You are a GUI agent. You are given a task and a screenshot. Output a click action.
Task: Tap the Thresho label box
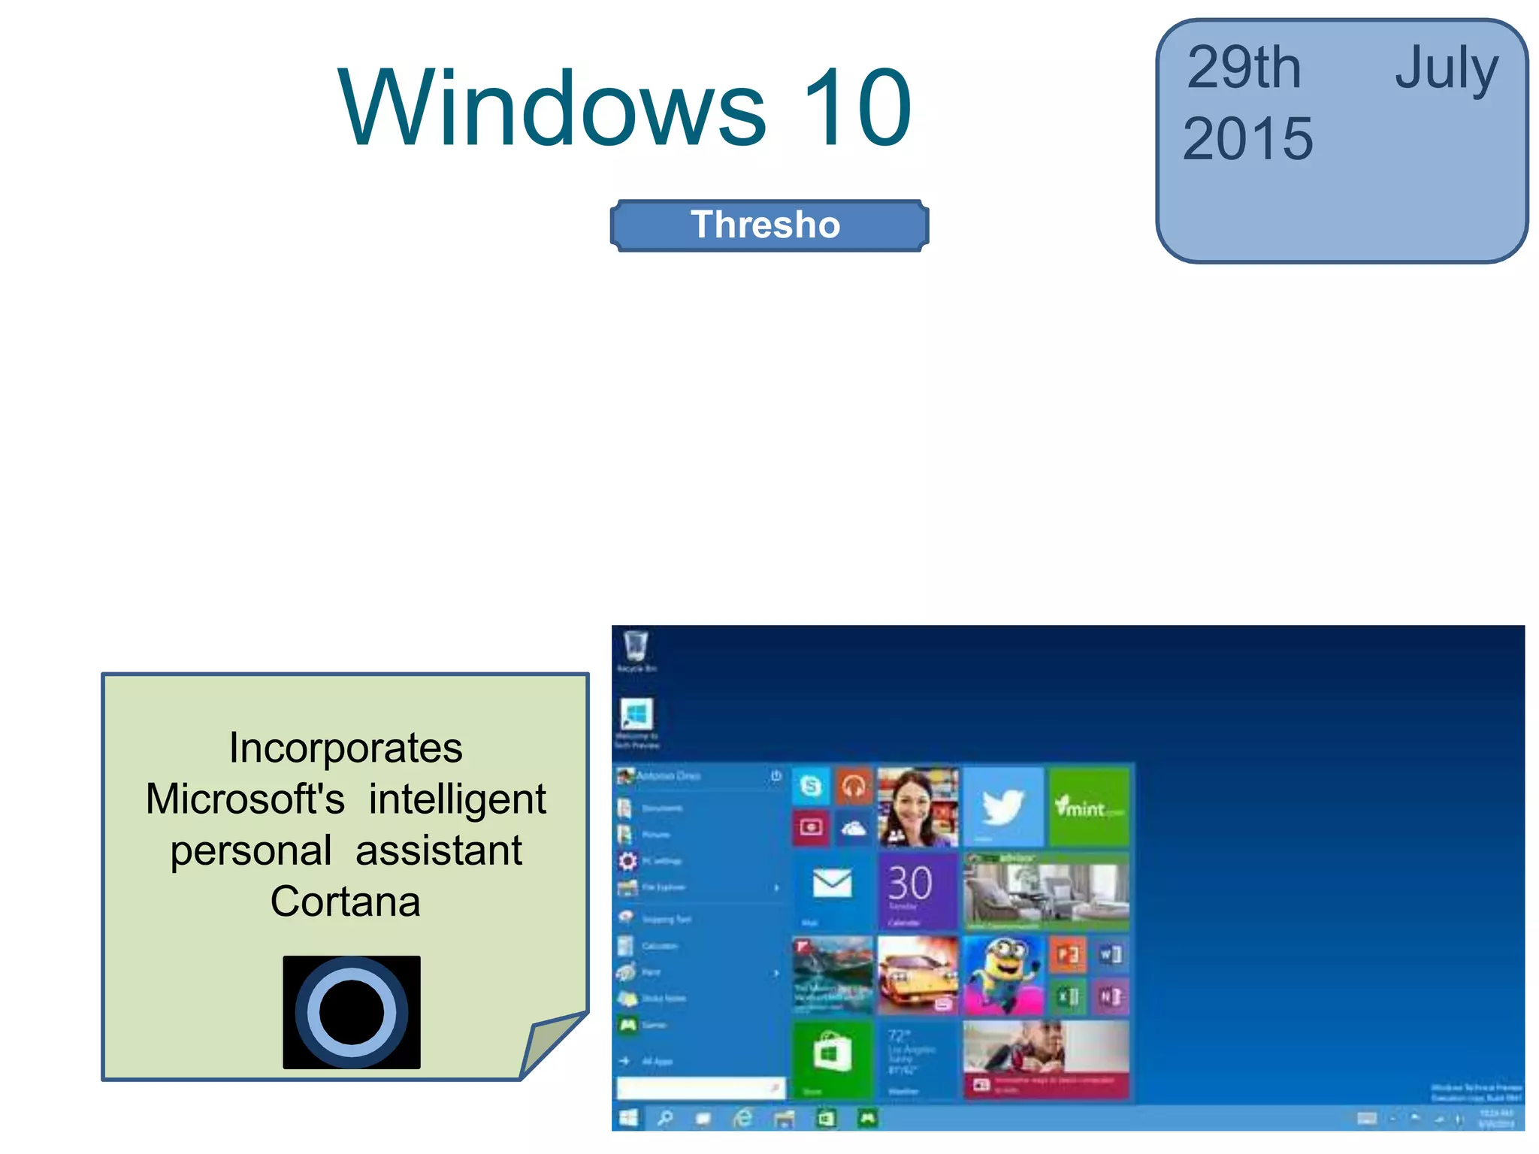769,225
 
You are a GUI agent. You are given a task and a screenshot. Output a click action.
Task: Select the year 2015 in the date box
1247,140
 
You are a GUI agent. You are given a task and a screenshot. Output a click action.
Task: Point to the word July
1447,69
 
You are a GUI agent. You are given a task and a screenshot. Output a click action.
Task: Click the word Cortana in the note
345,902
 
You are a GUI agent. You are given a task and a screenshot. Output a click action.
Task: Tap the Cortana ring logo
352,1012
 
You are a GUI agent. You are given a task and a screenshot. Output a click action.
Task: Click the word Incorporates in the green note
346,748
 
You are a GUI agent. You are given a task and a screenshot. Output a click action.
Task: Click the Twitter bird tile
1003,806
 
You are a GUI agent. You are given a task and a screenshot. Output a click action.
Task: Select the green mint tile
1088,806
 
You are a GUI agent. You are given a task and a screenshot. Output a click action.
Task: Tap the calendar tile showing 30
917,890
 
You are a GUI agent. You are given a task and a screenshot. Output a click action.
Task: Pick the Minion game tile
1003,975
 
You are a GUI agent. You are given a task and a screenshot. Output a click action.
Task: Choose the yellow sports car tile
917,975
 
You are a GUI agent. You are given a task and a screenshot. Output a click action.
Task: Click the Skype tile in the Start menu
811,786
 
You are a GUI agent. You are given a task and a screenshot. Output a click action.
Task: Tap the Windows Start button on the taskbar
628,1119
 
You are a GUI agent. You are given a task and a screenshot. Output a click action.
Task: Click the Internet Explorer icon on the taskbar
742,1119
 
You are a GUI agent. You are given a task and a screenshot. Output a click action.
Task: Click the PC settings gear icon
627,861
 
